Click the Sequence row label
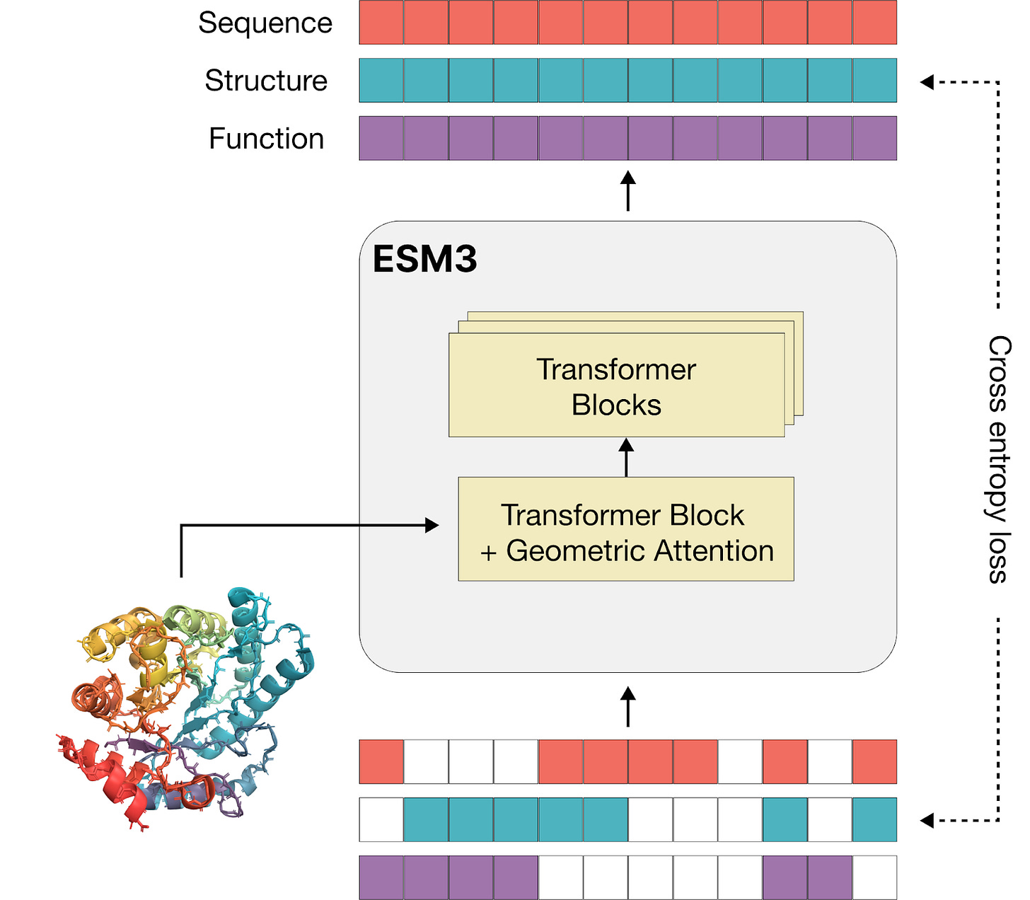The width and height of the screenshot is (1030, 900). [265, 23]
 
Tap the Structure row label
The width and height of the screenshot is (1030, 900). [266, 81]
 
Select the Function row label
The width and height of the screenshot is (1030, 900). [266, 139]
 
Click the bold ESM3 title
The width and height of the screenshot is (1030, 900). [424, 259]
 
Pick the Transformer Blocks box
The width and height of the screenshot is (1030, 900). [616, 386]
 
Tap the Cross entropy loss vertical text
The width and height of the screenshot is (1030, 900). [998, 459]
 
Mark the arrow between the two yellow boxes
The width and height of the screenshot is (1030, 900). [626, 456]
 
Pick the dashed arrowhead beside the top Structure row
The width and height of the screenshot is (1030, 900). [927, 82]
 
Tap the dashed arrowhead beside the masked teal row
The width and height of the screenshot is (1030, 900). [927, 820]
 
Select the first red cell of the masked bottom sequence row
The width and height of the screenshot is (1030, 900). [381, 762]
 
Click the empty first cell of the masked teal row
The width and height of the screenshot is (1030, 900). [381, 820]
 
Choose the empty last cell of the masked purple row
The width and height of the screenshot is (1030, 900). [874, 878]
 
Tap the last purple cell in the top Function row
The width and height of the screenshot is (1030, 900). [874, 139]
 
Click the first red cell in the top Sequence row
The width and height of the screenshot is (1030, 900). [381, 23]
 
